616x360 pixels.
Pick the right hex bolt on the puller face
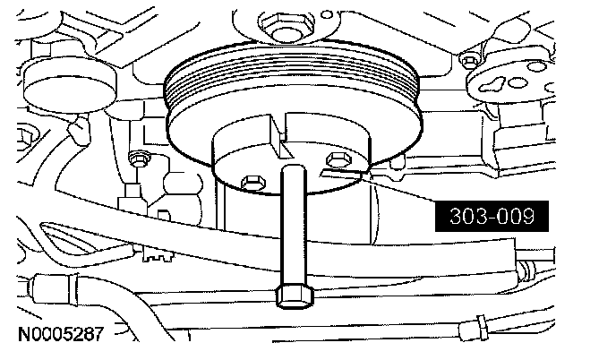pyautogui.click(x=337, y=159)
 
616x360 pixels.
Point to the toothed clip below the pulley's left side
pyautogui.click(x=159, y=254)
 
